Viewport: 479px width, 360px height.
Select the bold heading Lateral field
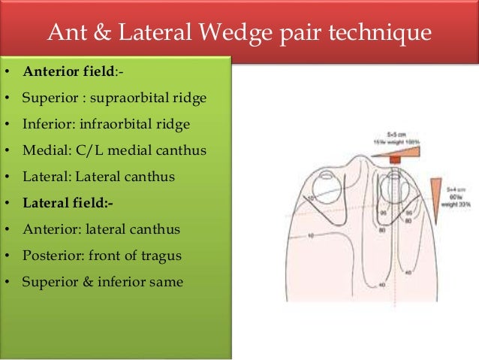(x=65, y=202)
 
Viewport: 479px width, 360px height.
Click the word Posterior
(x=52, y=255)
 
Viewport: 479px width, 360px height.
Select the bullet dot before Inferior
(x=6, y=124)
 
